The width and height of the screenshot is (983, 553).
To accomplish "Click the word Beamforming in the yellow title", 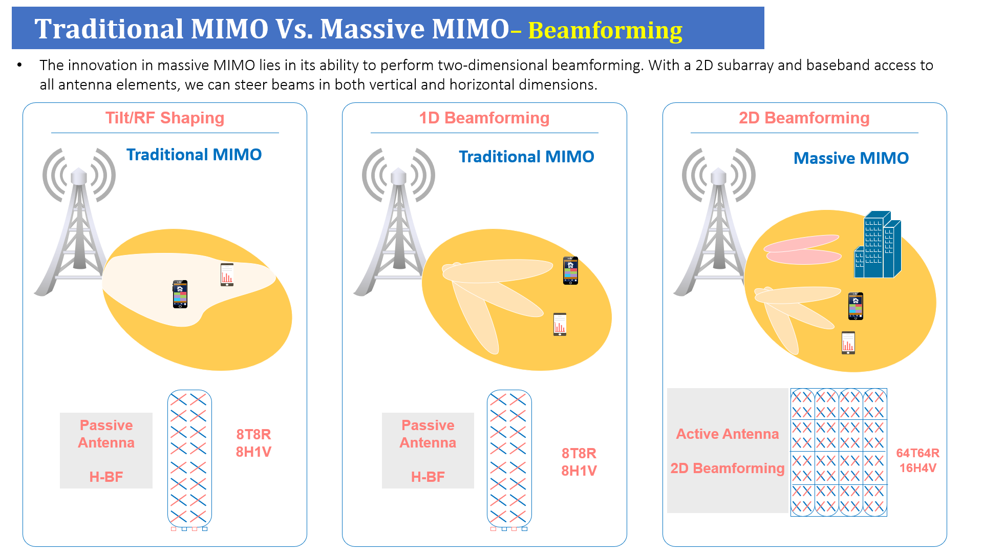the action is click(605, 31).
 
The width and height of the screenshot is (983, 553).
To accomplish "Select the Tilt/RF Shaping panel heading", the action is click(165, 118).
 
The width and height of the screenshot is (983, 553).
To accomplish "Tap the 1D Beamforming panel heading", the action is click(484, 118).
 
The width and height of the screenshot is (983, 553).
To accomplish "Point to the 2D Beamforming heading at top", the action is click(804, 118).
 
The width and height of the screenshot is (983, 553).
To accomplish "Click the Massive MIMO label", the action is click(851, 158).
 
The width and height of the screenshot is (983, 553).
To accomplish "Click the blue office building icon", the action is click(878, 244).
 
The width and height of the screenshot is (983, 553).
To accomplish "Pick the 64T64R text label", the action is click(918, 453).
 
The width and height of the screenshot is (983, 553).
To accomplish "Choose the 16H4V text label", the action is click(918, 468).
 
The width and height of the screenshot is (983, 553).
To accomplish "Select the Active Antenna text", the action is click(728, 434).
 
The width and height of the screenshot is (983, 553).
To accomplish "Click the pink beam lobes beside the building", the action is click(802, 249).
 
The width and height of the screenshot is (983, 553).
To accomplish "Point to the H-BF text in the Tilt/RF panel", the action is click(106, 477).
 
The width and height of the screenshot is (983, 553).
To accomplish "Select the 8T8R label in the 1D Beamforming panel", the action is click(579, 454).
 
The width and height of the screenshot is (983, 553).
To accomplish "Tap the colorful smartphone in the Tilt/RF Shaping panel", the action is click(180, 294).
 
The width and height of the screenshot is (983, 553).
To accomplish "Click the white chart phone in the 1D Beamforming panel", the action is click(560, 324).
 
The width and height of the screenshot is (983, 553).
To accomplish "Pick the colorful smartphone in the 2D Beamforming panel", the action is click(856, 306).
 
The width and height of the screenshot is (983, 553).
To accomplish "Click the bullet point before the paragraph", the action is click(19, 65).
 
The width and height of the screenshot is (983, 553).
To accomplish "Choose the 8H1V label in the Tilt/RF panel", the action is click(253, 452).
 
